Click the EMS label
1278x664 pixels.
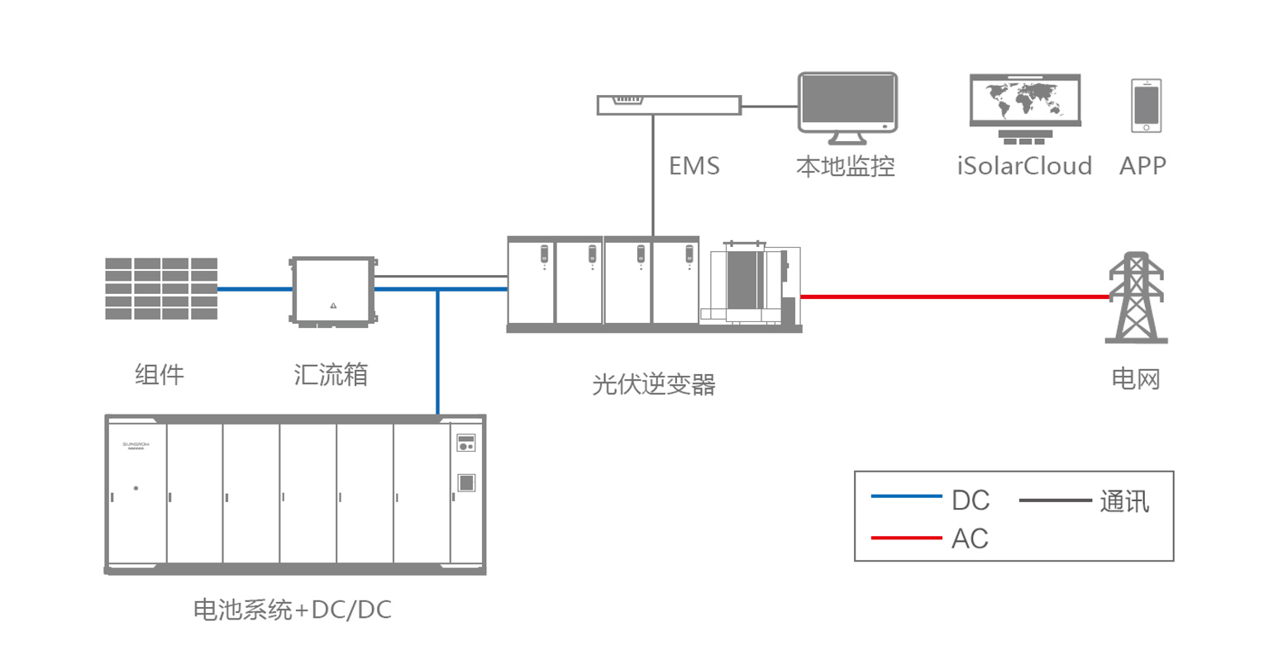[694, 166]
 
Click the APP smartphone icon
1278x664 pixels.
[1146, 106]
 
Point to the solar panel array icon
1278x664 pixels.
[161, 288]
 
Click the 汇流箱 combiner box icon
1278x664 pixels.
[333, 292]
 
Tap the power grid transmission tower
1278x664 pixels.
[1136, 298]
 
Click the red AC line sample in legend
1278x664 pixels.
[906, 538]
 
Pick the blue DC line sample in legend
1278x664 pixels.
[906, 496]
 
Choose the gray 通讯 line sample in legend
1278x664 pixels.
[1055, 500]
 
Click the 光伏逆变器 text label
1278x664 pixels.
[654, 384]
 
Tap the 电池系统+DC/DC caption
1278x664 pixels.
[292, 610]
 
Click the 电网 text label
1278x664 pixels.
[1136, 379]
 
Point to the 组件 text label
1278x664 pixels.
[160, 375]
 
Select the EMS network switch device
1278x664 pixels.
[669, 105]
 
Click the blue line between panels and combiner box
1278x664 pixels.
[255, 289]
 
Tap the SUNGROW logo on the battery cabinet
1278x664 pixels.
[136, 444]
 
